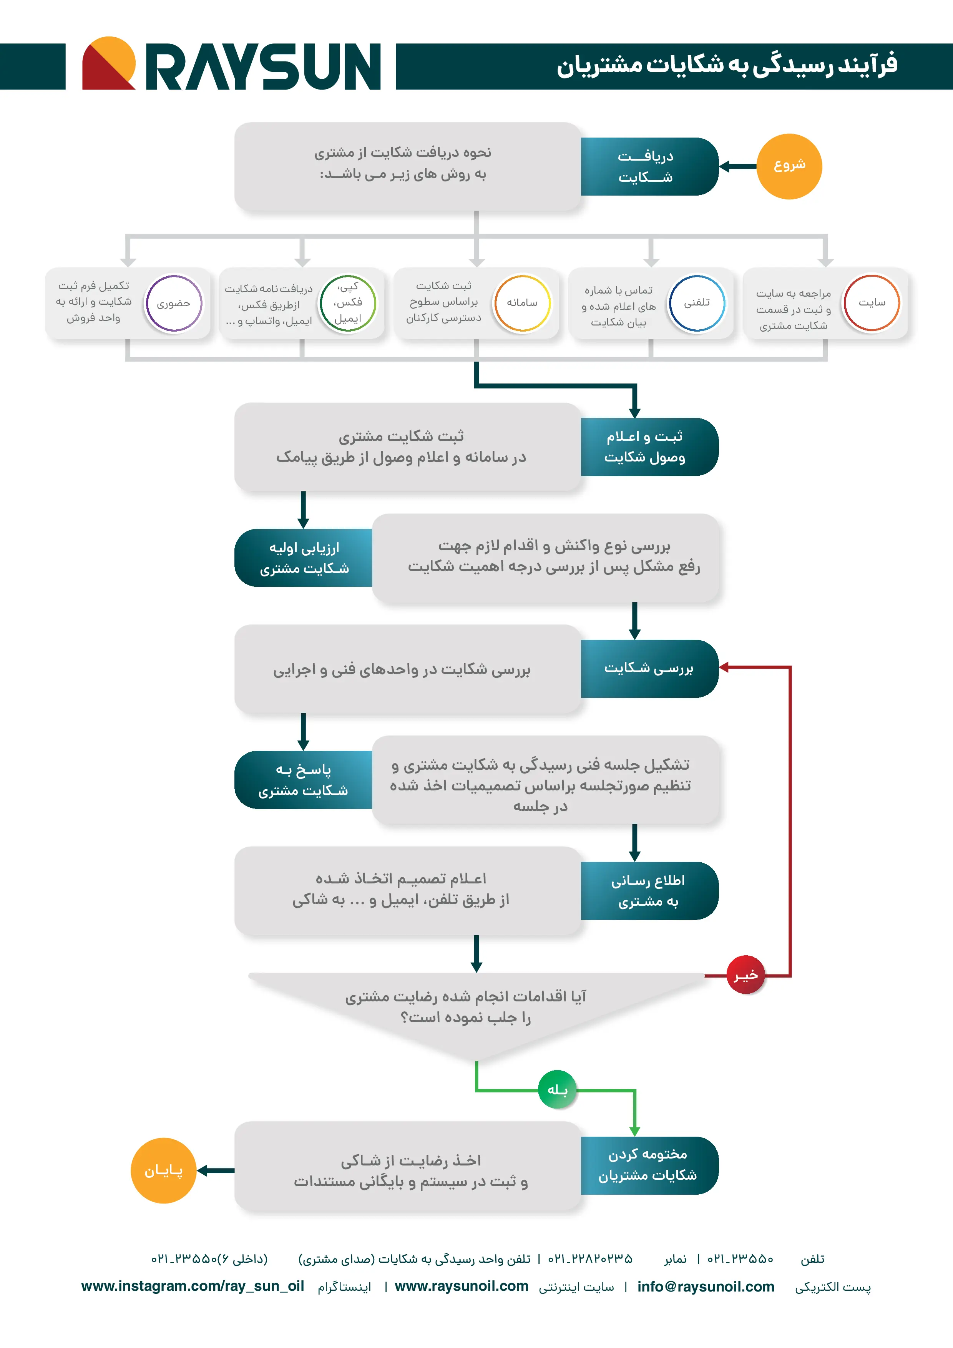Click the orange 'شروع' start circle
[x=789, y=166]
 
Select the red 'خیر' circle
[x=745, y=975]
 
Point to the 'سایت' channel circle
[x=872, y=303]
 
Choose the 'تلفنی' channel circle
[x=697, y=303]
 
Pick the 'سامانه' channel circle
[x=522, y=303]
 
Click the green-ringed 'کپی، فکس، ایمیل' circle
[x=348, y=303]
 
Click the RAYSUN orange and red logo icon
[x=109, y=63]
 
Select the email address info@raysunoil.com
[x=705, y=1287]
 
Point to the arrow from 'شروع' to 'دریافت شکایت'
[x=738, y=167]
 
